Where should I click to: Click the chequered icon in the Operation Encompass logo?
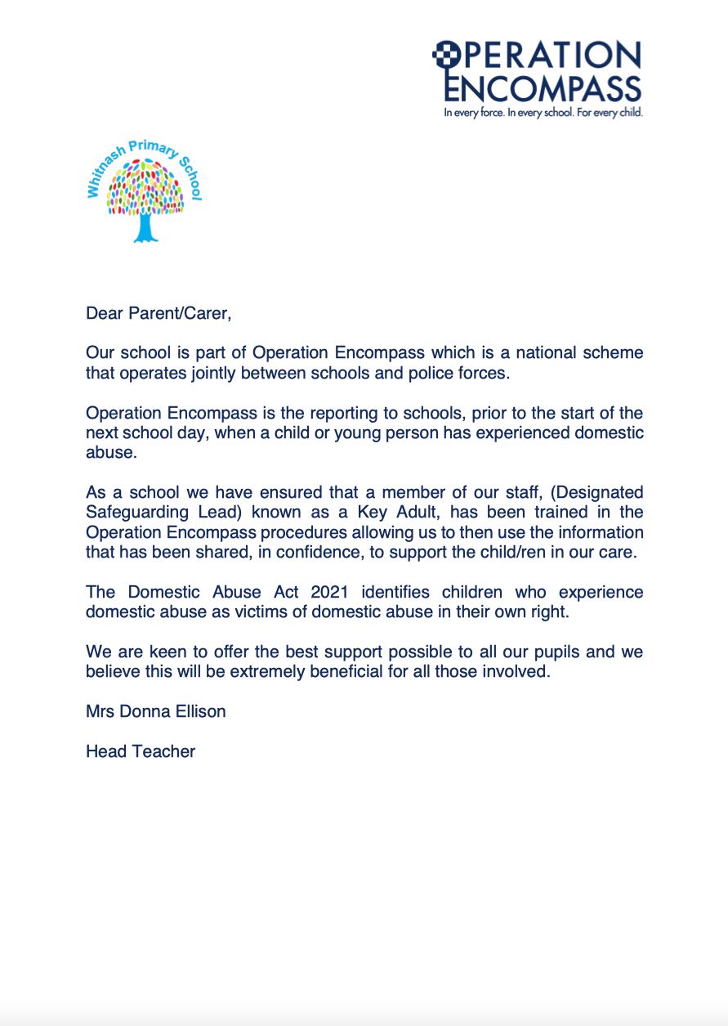pos(443,53)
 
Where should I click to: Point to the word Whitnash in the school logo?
pos(100,172)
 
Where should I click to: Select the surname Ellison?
pos(196,711)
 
